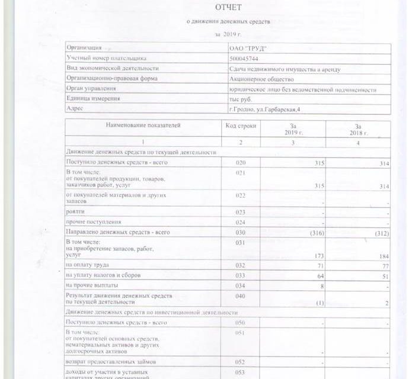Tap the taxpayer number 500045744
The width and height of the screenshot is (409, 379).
pos(244,58)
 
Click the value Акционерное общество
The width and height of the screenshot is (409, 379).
pos(260,79)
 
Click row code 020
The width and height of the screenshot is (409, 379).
pos(241,162)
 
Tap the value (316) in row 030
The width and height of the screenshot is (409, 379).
pos(317,233)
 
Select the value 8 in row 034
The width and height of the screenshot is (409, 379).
pos(322,286)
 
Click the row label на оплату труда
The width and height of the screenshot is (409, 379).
pos(88,266)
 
